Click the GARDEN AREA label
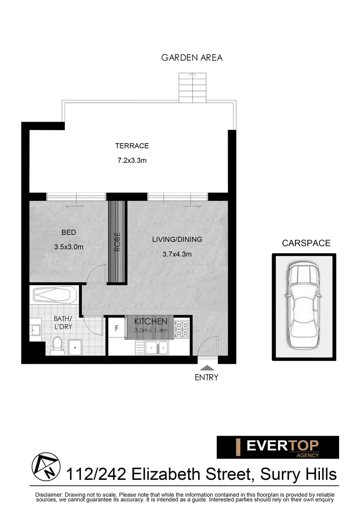[192, 58]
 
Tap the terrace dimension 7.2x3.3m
[132, 161]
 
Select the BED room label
[68, 232]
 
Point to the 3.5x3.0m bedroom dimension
[68, 246]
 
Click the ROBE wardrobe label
[117, 242]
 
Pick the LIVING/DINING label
[177, 239]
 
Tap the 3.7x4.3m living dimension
[177, 254]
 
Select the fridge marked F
[116, 328]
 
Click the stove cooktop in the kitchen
[182, 329]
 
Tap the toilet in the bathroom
[57, 346]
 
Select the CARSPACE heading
[306, 244]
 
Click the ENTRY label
[206, 377]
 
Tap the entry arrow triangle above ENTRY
[206, 367]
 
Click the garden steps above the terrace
[192, 88]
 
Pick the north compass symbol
[46, 466]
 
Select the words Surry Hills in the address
[296, 474]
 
